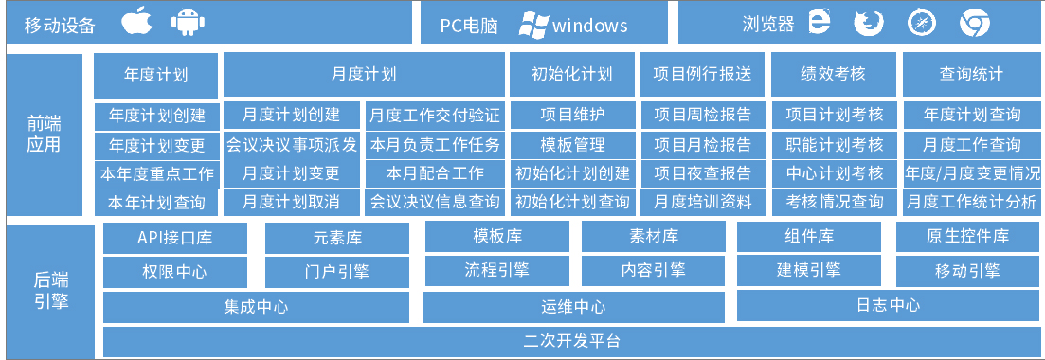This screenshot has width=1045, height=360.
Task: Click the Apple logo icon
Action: click(136, 23)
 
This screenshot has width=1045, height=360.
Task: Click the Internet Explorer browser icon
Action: click(820, 23)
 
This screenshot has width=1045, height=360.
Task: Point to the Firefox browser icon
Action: click(867, 23)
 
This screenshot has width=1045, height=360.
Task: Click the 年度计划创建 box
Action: click(156, 116)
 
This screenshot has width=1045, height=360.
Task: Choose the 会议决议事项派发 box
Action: click(292, 145)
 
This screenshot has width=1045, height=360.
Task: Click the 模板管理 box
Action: click(572, 145)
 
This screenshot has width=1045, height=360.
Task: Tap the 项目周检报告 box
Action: click(703, 116)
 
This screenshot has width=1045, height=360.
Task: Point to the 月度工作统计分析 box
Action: click(971, 202)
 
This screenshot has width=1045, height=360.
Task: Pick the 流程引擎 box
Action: click(496, 270)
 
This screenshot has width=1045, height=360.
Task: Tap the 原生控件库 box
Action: click(966, 237)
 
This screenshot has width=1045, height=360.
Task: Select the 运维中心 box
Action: click(573, 307)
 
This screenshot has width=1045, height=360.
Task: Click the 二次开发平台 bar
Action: click(571, 341)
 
